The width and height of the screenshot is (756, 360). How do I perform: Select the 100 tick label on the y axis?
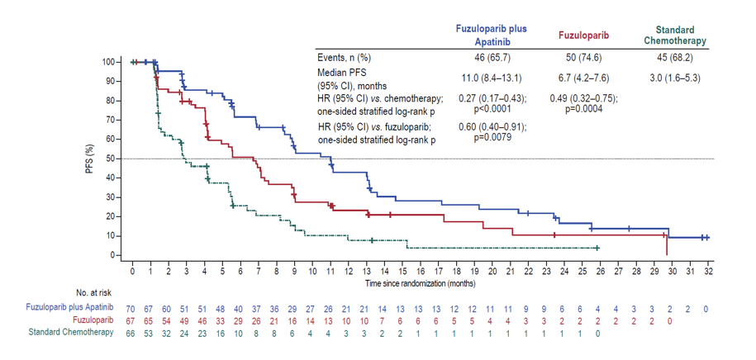[x=108, y=62]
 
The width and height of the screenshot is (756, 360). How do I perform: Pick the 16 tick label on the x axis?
[x=421, y=271]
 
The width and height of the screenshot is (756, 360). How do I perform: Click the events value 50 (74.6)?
[x=583, y=57]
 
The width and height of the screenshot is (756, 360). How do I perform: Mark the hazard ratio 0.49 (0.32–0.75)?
[x=583, y=98]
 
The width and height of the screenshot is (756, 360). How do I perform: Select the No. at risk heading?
[x=100, y=293]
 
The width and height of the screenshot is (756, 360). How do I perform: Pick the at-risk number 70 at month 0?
[x=132, y=307]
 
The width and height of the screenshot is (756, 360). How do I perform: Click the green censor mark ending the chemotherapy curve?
[x=597, y=248]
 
